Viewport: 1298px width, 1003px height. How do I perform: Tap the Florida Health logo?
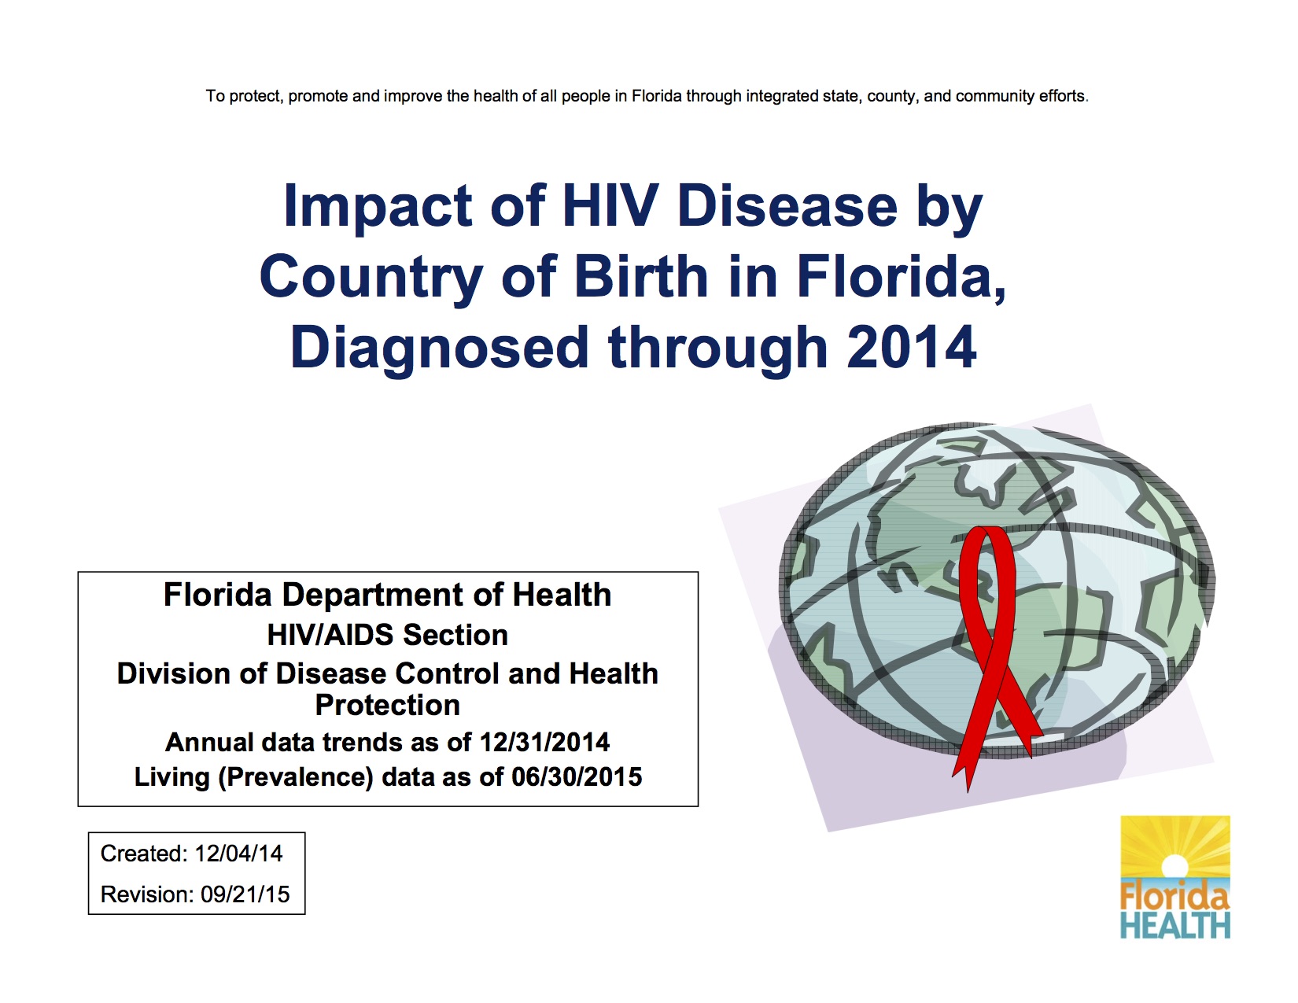coord(1174,876)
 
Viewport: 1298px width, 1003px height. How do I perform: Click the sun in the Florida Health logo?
coord(1174,865)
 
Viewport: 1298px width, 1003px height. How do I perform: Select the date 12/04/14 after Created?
coord(238,854)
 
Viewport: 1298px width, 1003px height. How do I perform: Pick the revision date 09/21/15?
coord(245,894)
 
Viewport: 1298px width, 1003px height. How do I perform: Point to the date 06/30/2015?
coord(577,776)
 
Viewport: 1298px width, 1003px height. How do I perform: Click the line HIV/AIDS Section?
coord(387,634)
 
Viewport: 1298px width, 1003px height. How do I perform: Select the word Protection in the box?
coord(387,705)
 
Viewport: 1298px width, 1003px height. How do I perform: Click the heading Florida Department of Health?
coord(387,595)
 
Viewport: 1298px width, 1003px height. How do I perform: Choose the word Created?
coord(144,854)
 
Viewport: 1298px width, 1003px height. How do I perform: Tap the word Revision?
coord(148,894)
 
